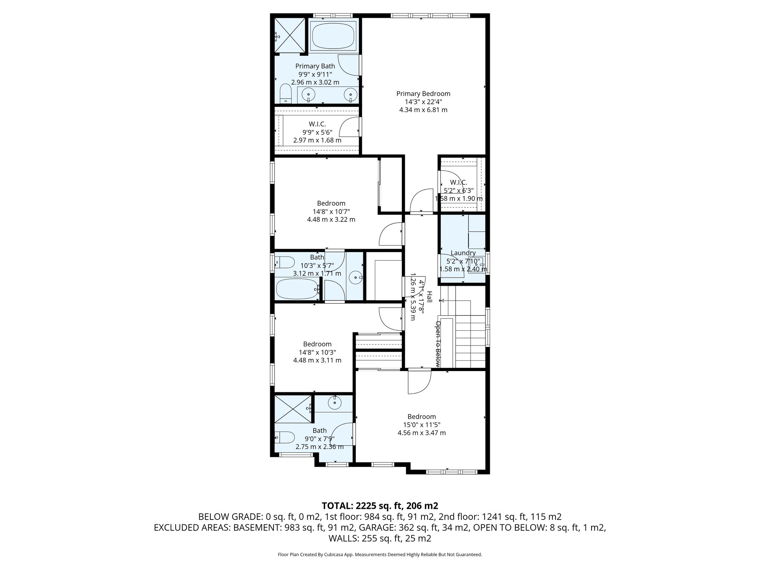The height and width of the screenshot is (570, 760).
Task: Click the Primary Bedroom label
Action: pyautogui.click(x=423, y=94)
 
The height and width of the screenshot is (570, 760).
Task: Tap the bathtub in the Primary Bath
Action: pyautogui.click(x=333, y=35)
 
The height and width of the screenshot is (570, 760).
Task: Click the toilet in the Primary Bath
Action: pyautogui.click(x=285, y=93)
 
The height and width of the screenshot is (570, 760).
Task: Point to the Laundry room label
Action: pyautogui.click(x=463, y=253)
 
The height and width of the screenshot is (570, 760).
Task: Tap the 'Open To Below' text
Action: pyautogui.click(x=438, y=344)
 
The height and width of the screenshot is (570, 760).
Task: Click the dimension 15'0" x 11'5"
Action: pyautogui.click(x=422, y=425)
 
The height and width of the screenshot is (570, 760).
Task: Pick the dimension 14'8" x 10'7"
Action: pyautogui.click(x=331, y=212)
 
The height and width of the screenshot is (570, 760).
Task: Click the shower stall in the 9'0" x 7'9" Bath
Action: pyautogui.click(x=293, y=409)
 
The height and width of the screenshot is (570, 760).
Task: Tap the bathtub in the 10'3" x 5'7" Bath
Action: pyautogui.click(x=297, y=289)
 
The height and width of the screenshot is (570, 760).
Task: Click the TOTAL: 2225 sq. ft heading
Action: pyautogui.click(x=380, y=505)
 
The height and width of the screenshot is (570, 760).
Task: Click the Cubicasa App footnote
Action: pyautogui.click(x=380, y=554)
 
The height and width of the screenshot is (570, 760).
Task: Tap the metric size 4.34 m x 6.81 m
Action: pyautogui.click(x=423, y=110)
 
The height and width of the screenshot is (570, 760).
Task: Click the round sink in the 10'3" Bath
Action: pyautogui.click(x=356, y=277)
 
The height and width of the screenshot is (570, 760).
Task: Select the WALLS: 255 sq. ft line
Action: pyautogui.click(x=380, y=538)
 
